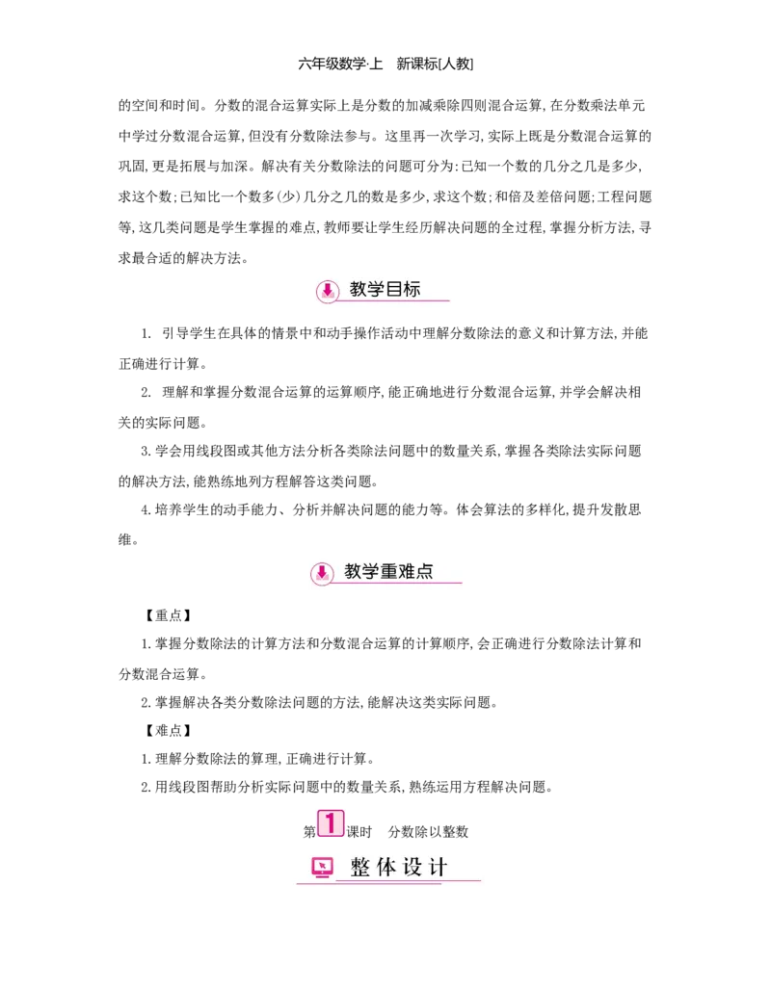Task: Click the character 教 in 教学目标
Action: coord(359,289)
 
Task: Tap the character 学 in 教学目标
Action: coord(377,289)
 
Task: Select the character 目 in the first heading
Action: coord(394,289)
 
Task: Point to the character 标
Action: coord(412,289)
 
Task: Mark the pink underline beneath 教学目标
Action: coord(395,301)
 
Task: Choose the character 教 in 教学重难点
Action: coord(354,571)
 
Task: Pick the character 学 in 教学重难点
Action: coord(371,571)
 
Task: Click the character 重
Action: coord(389,571)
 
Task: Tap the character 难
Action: coord(407,571)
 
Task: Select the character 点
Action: coord(424,571)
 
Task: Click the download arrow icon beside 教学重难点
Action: coord(322,573)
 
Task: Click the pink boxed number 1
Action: coord(330,823)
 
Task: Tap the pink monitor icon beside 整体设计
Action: coord(323,868)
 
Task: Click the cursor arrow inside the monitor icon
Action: coord(322,866)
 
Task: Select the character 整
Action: coord(360,868)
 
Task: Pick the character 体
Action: coord(386,868)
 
